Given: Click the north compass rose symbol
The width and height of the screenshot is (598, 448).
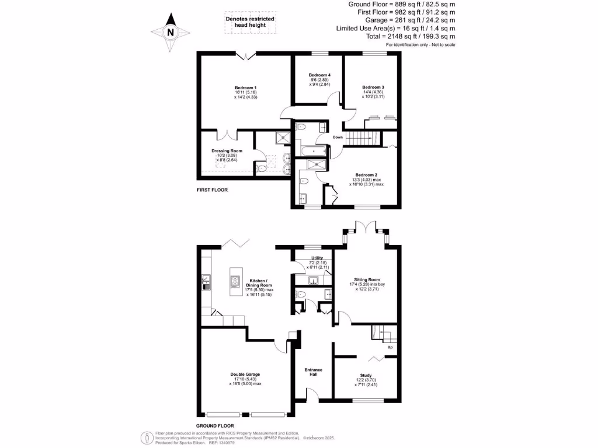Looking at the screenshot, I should (x=171, y=33).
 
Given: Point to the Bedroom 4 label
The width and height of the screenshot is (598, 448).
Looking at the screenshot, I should (x=319, y=75).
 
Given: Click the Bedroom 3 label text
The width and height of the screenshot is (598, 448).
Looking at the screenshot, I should (x=373, y=87).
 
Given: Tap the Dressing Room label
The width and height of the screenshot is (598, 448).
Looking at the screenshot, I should (x=227, y=150).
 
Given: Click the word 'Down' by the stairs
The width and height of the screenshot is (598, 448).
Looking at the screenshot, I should (x=338, y=138).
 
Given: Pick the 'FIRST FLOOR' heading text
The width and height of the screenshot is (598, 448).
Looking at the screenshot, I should (x=212, y=190).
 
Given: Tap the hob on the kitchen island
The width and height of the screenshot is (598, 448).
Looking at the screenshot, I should (x=235, y=282).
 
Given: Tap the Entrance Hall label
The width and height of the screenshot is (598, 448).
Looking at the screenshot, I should (x=314, y=372).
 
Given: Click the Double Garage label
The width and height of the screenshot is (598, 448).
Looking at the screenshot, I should (x=245, y=374).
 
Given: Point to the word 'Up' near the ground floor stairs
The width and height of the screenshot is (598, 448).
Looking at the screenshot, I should (x=390, y=348).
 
